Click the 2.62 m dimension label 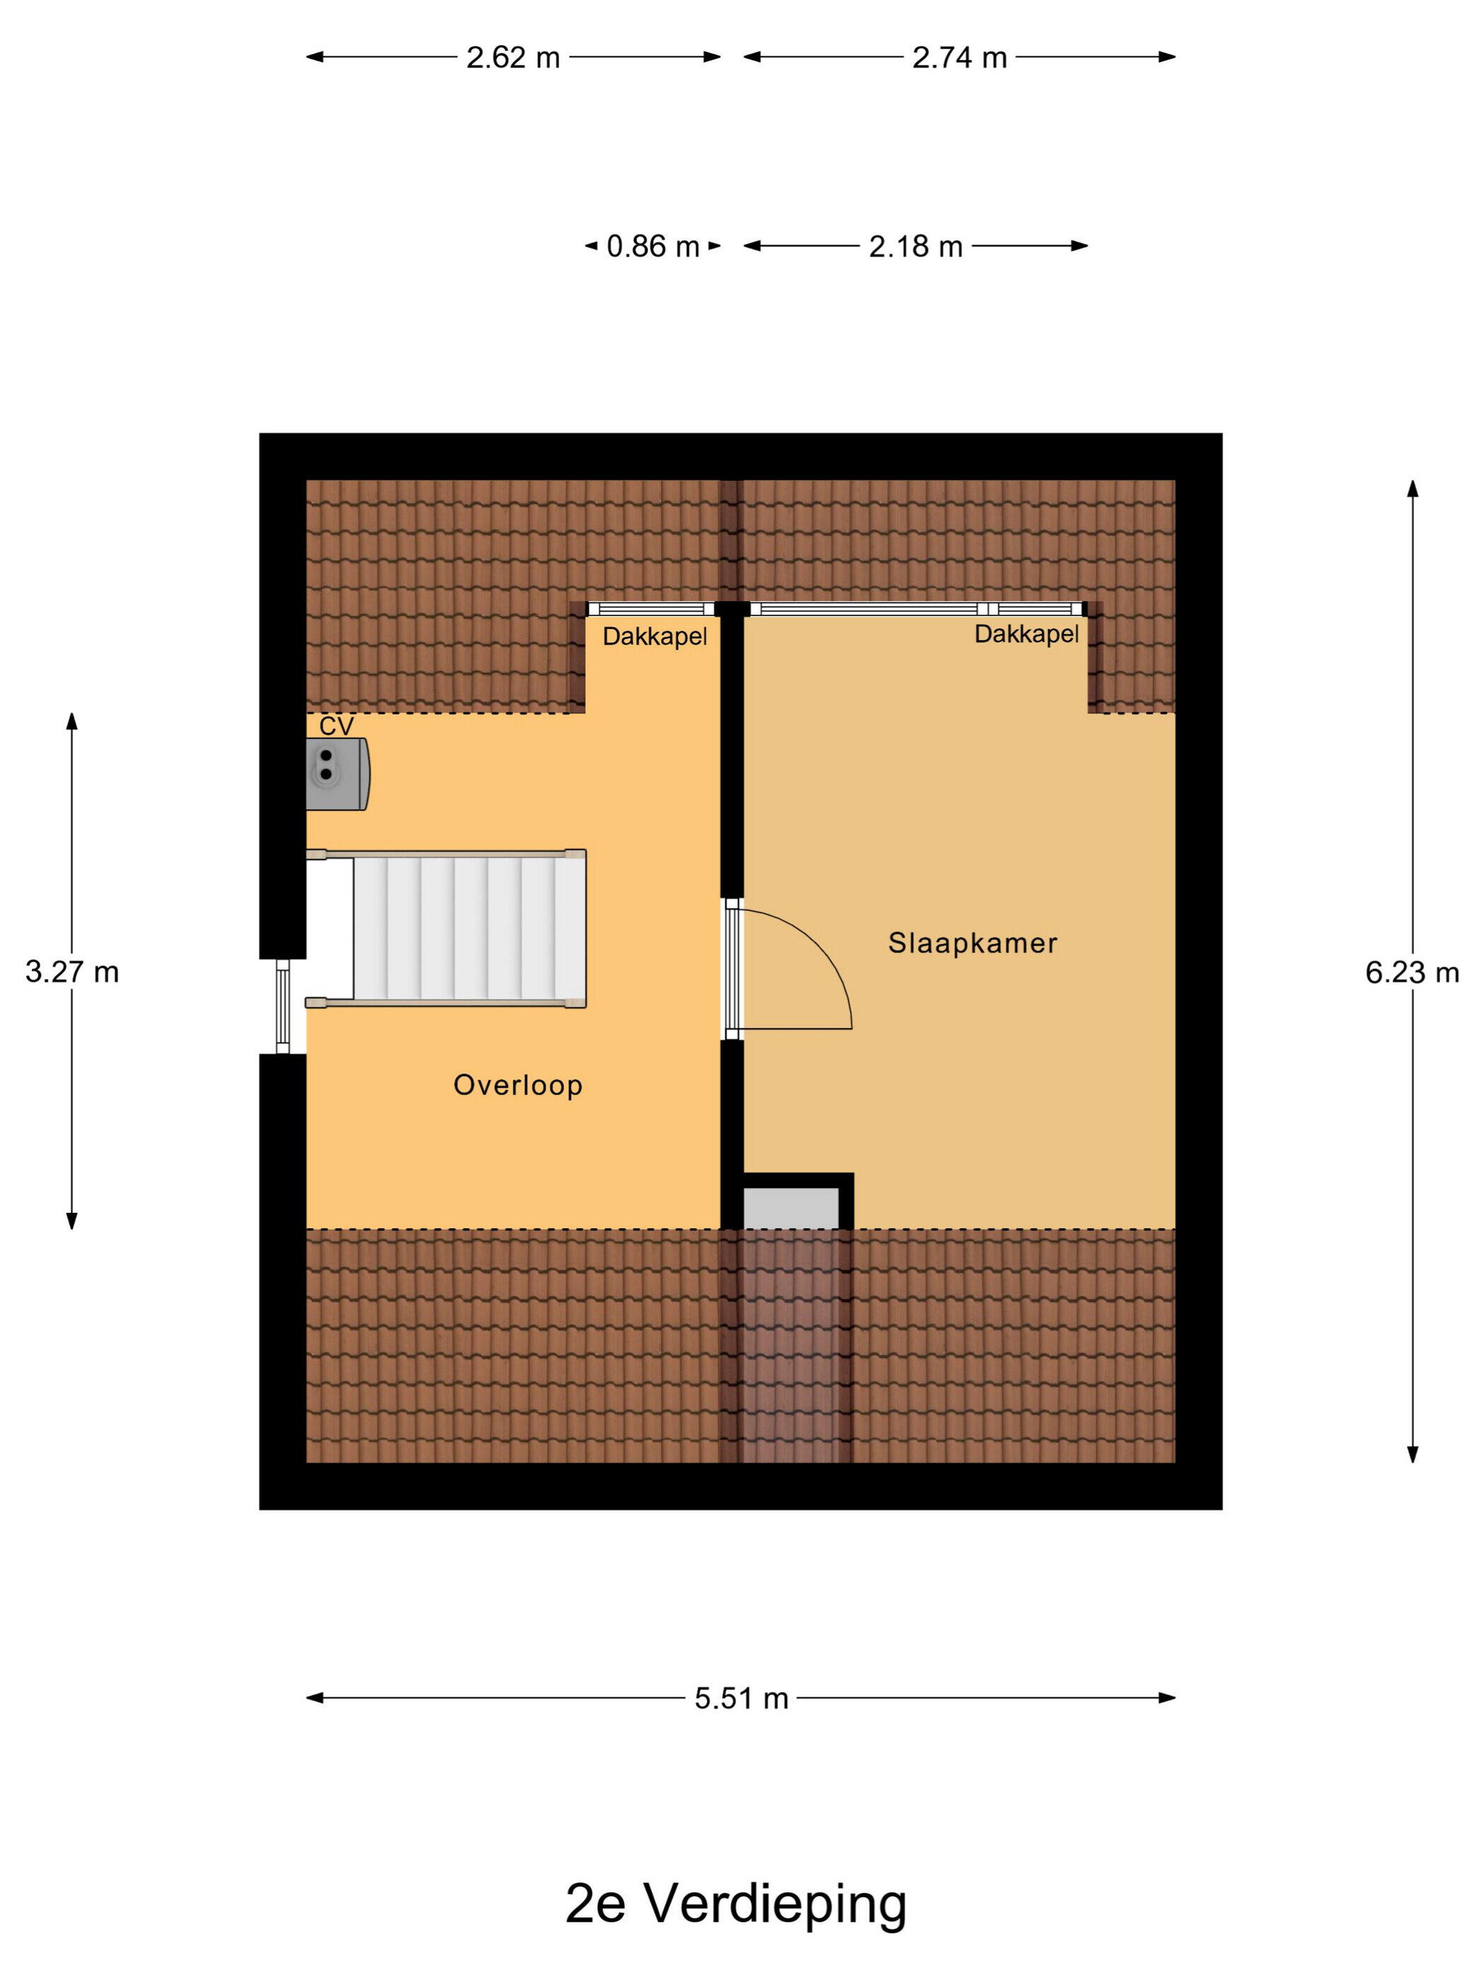[x=512, y=58]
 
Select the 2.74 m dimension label [x=959, y=58]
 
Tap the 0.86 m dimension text [x=653, y=247]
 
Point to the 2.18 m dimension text [x=915, y=247]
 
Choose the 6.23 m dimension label [x=1411, y=973]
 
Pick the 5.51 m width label [x=741, y=1698]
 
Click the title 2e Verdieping [x=736, y=1905]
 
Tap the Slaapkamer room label [x=972, y=943]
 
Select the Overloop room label [x=518, y=1085]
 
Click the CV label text [x=336, y=727]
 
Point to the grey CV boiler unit [x=337, y=775]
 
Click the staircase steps [x=470, y=929]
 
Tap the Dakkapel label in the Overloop [x=655, y=637]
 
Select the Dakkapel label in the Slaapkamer [x=1026, y=634]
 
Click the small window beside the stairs [x=283, y=1006]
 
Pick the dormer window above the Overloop [x=652, y=609]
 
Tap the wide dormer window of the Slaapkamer [x=917, y=609]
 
